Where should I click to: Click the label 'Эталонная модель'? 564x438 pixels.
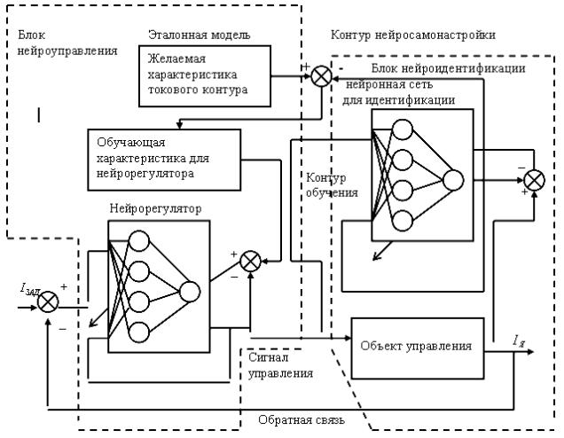(200, 35)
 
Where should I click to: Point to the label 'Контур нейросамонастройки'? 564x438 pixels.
(412, 35)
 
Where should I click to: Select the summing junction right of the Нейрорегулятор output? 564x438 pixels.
(252, 260)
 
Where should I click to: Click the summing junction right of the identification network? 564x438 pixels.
(533, 182)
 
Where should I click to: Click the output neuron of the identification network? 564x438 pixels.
(453, 180)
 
